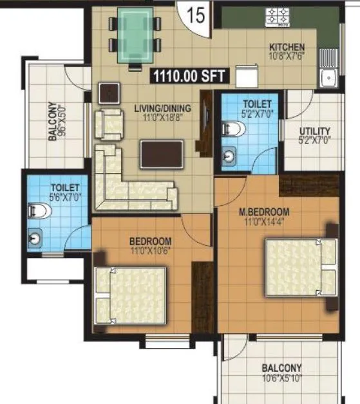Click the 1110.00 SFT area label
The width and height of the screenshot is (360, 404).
(x=189, y=77)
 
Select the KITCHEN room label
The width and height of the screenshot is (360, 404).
(x=287, y=48)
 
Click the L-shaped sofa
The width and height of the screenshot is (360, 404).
(x=129, y=183)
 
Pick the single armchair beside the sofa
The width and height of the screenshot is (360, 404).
(x=108, y=123)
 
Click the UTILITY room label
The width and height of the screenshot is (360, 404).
(x=315, y=131)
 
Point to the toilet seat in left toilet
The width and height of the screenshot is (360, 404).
(x=35, y=210)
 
